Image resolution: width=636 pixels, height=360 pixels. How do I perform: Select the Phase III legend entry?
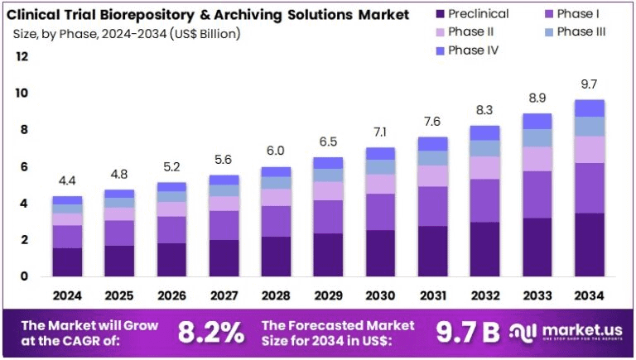pos(581,32)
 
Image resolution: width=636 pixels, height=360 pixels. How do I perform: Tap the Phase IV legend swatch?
pos(439,50)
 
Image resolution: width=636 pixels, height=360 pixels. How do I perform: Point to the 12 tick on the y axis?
pos(22,56)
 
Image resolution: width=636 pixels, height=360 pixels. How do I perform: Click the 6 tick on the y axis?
pos(25,166)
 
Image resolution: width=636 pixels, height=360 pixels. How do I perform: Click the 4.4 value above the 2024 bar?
pos(67,180)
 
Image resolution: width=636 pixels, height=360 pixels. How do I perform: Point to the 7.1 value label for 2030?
pos(379,132)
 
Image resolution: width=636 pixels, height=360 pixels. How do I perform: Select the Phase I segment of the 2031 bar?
pos(432,206)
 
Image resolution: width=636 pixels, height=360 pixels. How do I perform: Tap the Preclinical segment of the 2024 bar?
pos(67,262)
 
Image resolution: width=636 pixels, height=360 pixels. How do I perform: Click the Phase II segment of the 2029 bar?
pos(328,191)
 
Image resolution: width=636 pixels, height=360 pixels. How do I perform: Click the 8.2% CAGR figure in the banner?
pos(211,332)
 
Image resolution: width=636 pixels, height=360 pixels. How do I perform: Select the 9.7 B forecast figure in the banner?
pos(468,332)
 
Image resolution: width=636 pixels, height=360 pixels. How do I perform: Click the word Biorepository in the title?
pos(153,14)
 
